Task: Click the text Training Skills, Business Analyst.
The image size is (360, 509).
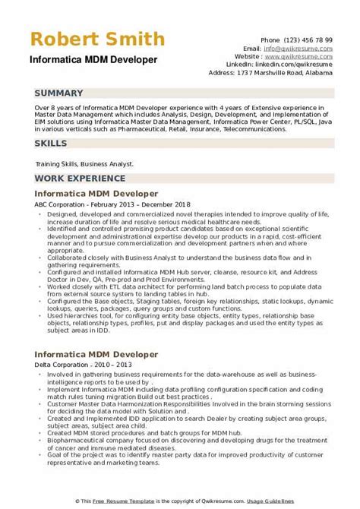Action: (x=84, y=163)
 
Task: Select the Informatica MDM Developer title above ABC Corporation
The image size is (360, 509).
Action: (x=96, y=194)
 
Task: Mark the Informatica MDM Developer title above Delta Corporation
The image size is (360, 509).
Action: (x=96, y=354)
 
